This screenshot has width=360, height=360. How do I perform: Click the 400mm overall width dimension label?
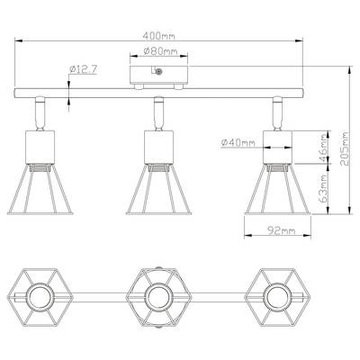pos(158,36)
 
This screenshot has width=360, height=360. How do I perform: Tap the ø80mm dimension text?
pos(160,51)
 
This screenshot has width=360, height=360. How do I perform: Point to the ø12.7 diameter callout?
pos(83,69)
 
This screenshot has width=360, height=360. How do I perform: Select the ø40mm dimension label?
pos(238,143)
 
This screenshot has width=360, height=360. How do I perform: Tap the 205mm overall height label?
pos(345,148)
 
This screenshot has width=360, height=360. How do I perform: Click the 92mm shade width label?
pos(282,230)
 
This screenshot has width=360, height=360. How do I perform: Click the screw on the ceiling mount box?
pos(159,71)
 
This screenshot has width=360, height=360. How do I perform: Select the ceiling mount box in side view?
pos(158,75)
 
